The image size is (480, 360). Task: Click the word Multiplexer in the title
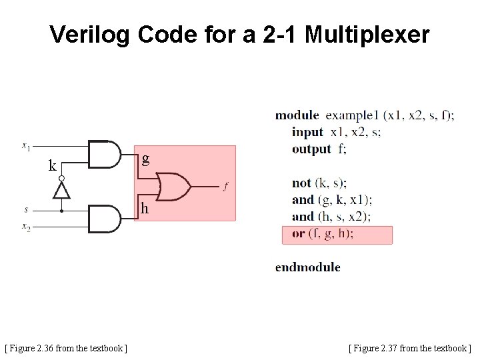367,34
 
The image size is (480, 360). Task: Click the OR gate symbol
173,187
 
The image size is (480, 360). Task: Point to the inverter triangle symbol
61,190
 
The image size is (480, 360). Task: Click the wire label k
52,166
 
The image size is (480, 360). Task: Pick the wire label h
145,209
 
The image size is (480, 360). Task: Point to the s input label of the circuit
26,210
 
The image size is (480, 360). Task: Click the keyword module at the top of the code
297,115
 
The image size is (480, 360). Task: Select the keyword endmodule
307,267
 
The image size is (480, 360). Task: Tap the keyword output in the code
311,149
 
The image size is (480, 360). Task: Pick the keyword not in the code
301,183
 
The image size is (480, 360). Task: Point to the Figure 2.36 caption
66,347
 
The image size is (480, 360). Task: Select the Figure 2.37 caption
409,347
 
